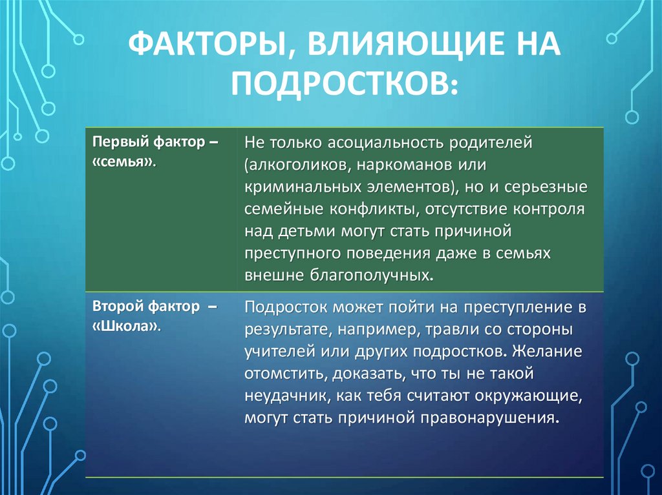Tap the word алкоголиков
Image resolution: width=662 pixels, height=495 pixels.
coord(298,165)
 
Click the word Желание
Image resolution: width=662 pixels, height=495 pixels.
coord(547,351)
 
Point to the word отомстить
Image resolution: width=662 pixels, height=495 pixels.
coord(285,374)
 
